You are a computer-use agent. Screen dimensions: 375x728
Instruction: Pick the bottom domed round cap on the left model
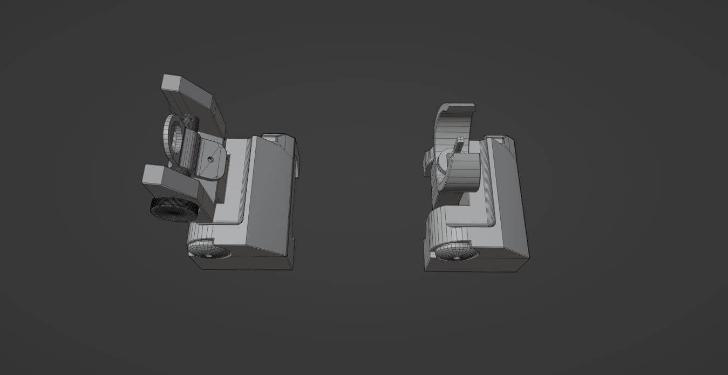(x=209, y=249)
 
